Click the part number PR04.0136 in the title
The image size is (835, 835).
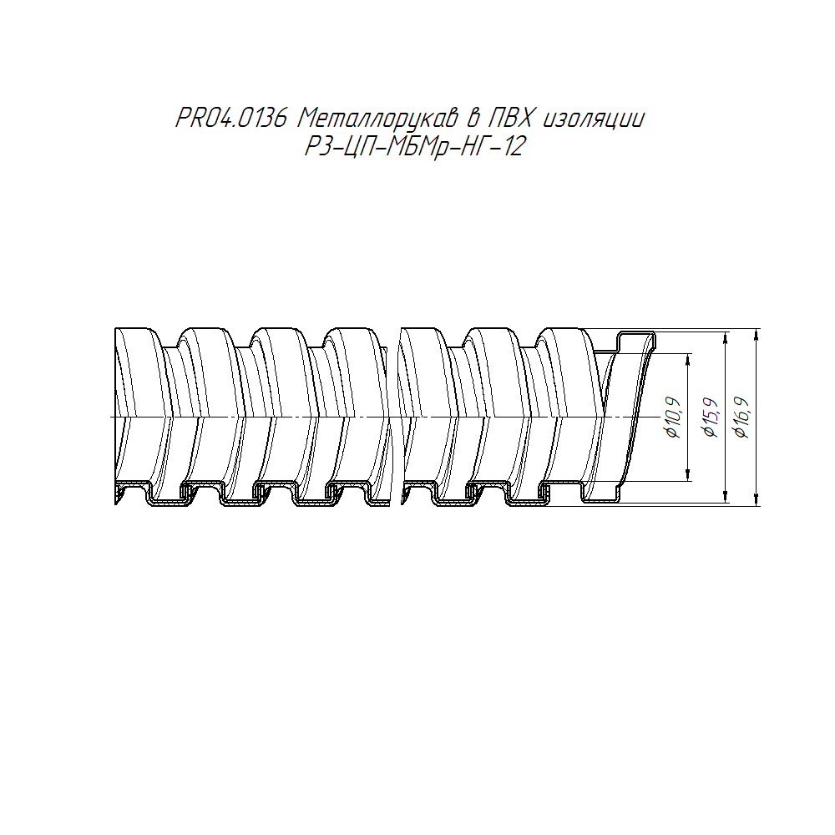(232, 118)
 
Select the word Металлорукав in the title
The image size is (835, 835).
(377, 119)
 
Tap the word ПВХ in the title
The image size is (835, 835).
(510, 118)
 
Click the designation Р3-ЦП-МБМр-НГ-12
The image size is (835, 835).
(415, 146)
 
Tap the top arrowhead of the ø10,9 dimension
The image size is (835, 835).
(689, 359)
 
